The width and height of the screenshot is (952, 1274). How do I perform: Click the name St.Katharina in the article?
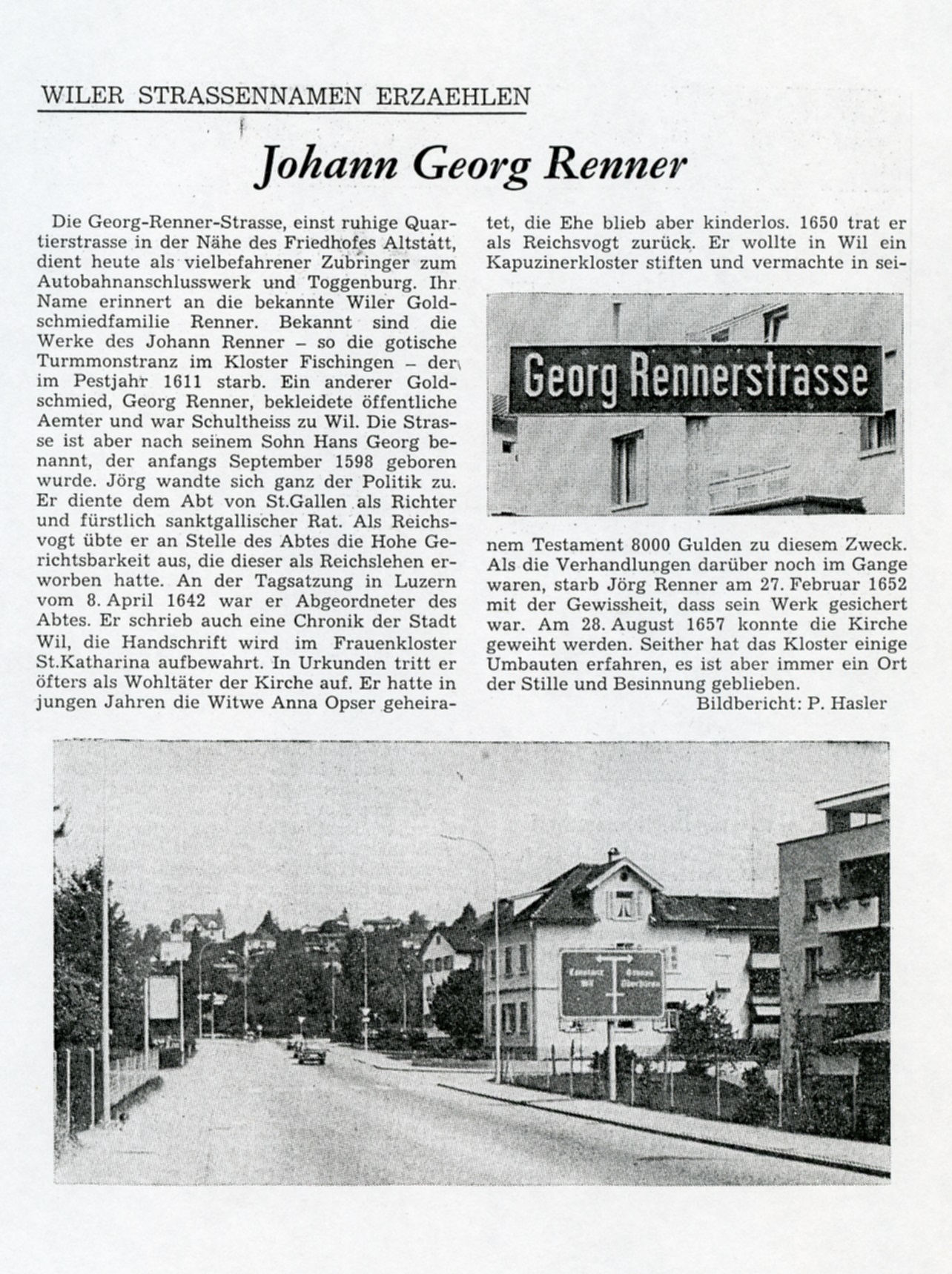82,662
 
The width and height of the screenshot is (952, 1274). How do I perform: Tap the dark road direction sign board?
611,983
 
